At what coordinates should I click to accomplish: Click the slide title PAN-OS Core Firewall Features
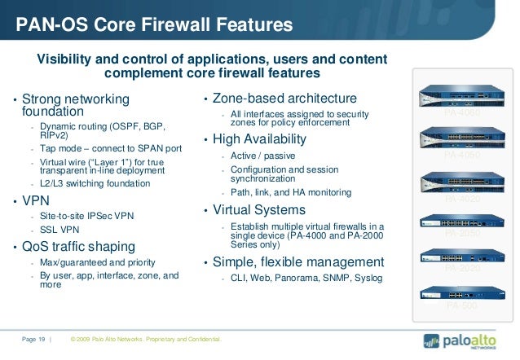154,25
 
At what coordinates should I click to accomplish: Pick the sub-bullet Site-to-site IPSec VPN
86,217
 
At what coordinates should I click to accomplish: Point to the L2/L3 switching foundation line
95,183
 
